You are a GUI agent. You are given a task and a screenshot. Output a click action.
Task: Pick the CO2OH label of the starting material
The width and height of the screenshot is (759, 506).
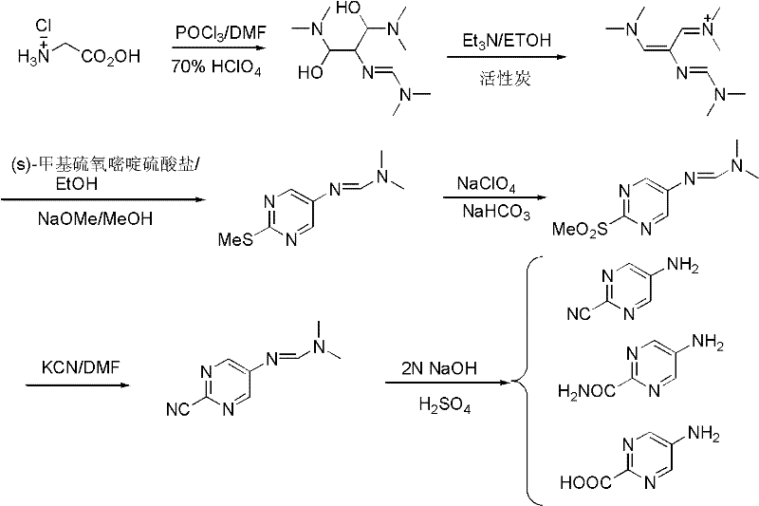pyautogui.click(x=111, y=58)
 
